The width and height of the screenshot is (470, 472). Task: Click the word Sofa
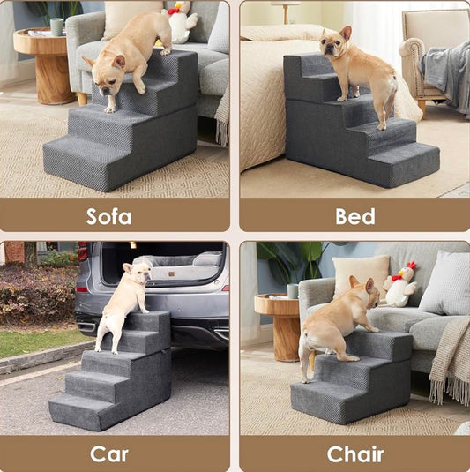(x=108, y=216)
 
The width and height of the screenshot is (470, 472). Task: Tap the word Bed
(x=355, y=216)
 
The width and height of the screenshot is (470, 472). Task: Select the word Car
(x=109, y=454)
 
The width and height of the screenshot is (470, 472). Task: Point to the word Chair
(x=355, y=454)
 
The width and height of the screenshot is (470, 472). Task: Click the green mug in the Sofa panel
(x=56, y=26)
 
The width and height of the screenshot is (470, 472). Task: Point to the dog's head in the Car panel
(x=138, y=273)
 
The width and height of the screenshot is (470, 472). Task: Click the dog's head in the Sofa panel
(x=106, y=75)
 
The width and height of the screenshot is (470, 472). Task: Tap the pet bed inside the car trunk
(x=181, y=266)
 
